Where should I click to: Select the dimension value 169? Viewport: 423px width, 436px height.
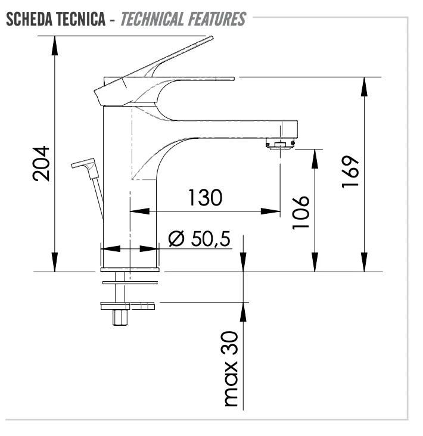click(x=350, y=173)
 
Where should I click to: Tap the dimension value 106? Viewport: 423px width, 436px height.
click(x=302, y=211)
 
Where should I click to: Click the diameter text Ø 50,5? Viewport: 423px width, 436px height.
click(x=199, y=238)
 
